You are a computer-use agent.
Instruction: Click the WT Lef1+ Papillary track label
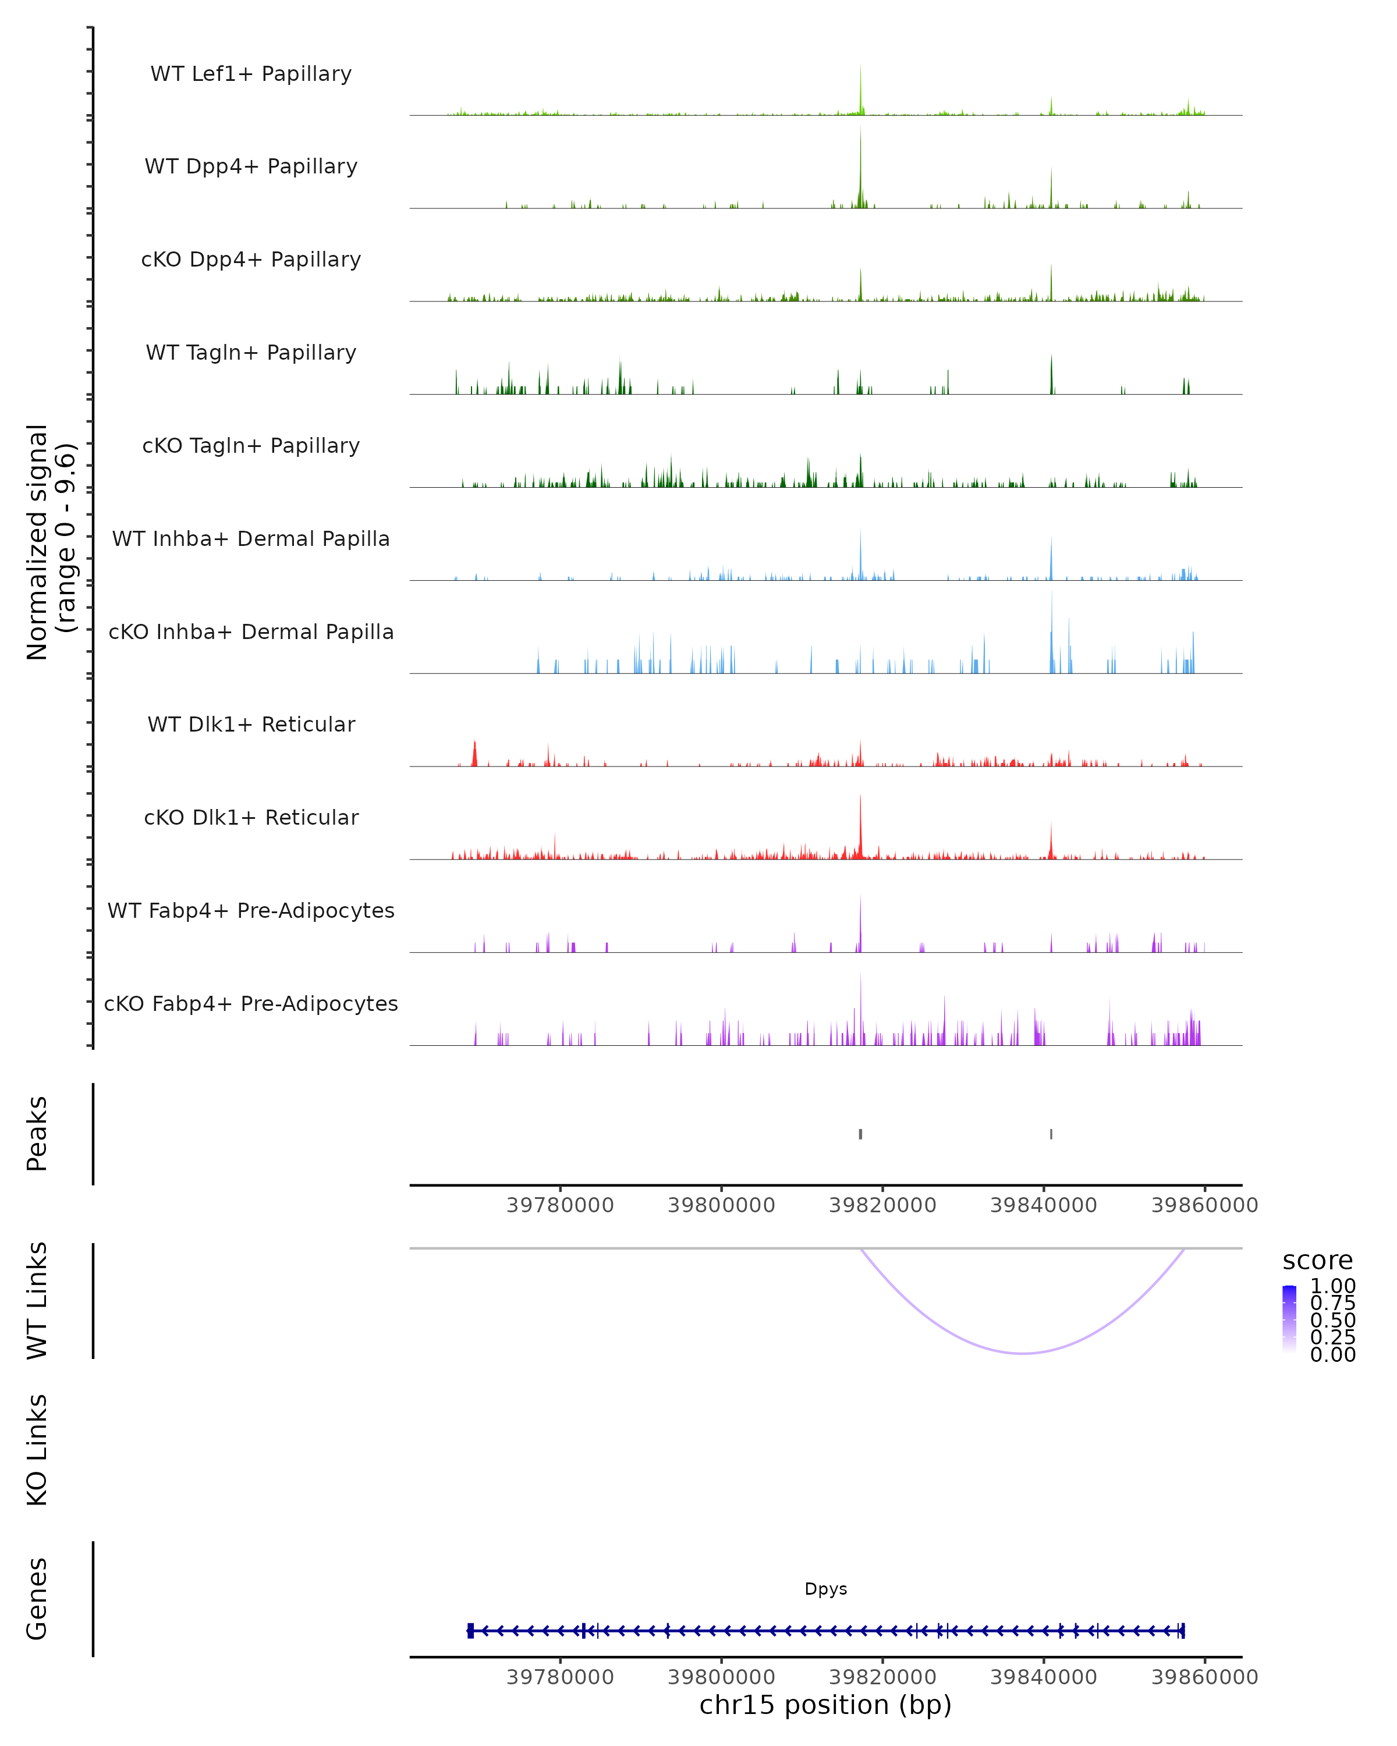click(251, 74)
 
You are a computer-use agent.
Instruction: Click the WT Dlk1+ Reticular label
click(251, 724)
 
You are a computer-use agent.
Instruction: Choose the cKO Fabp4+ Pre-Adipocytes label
click(251, 1003)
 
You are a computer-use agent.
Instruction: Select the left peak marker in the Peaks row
click(860, 1134)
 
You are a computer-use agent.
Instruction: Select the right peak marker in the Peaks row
click(1051, 1134)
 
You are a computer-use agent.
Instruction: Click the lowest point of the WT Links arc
click(1024, 1353)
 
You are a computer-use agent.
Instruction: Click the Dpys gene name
click(825, 1589)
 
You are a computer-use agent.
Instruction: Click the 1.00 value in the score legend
click(1332, 1286)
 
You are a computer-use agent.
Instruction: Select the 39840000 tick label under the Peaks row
click(1043, 1205)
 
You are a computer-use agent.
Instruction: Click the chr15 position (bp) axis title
click(825, 1705)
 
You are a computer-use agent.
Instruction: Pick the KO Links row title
click(37, 1450)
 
